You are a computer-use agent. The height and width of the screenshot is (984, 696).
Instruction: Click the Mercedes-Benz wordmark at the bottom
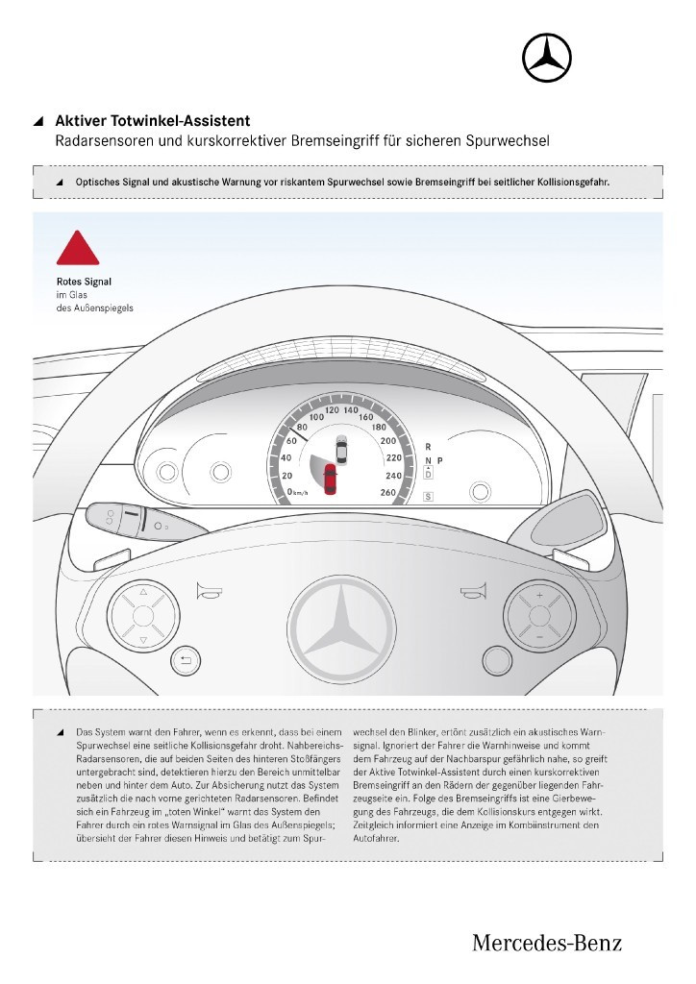(547, 943)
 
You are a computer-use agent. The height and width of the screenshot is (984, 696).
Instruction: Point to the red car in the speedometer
(331, 479)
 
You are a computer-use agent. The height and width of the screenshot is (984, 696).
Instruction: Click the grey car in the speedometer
(341, 447)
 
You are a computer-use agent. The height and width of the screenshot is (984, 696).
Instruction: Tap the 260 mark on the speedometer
(389, 492)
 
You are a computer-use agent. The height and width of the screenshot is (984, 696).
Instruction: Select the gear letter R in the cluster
(428, 447)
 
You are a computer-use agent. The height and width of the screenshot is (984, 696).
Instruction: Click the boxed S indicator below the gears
(428, 496)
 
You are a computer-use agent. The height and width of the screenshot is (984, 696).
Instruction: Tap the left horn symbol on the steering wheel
(207, 592)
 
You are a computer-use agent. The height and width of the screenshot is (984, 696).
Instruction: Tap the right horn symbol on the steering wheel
(470, 592)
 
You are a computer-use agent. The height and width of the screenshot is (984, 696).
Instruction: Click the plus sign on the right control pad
(539, 597)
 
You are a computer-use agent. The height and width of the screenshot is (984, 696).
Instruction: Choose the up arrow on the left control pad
(142, 593)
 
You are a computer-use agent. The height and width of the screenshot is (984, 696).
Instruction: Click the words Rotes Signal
(84, 282)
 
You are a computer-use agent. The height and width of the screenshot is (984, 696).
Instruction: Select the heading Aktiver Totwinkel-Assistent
(153, 121)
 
